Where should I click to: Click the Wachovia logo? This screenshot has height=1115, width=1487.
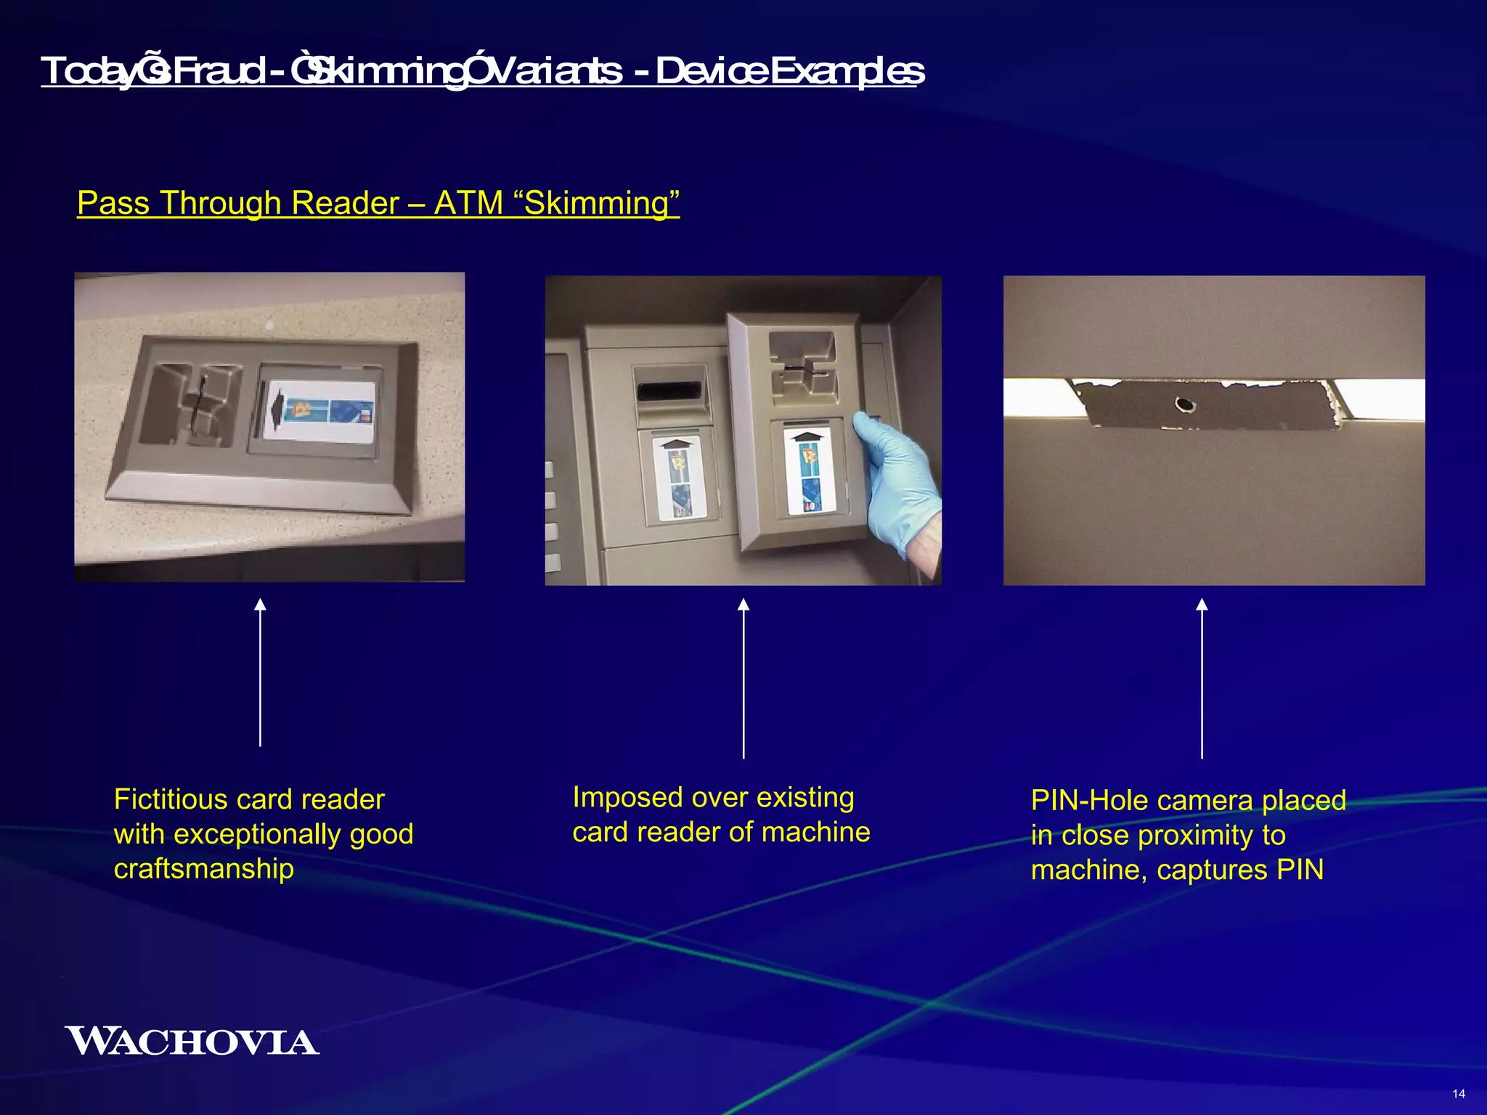click(x=192, y=1041)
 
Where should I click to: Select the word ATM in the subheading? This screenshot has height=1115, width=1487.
click(x=468, y=203)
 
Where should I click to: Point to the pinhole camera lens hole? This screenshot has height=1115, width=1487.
click(x=1185, y=404)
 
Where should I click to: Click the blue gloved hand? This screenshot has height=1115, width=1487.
click(x=897, y=475)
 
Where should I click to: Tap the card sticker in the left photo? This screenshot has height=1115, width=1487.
click(x=319, y=412)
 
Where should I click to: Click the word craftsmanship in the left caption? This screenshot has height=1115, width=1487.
click(x=204, y=869)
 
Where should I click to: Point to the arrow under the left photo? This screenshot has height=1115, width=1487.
click(x=260, y=671)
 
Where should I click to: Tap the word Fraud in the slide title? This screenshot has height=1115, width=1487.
click(x=219, y=72)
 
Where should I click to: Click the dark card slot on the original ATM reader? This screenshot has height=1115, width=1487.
click(x=669, y=393)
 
